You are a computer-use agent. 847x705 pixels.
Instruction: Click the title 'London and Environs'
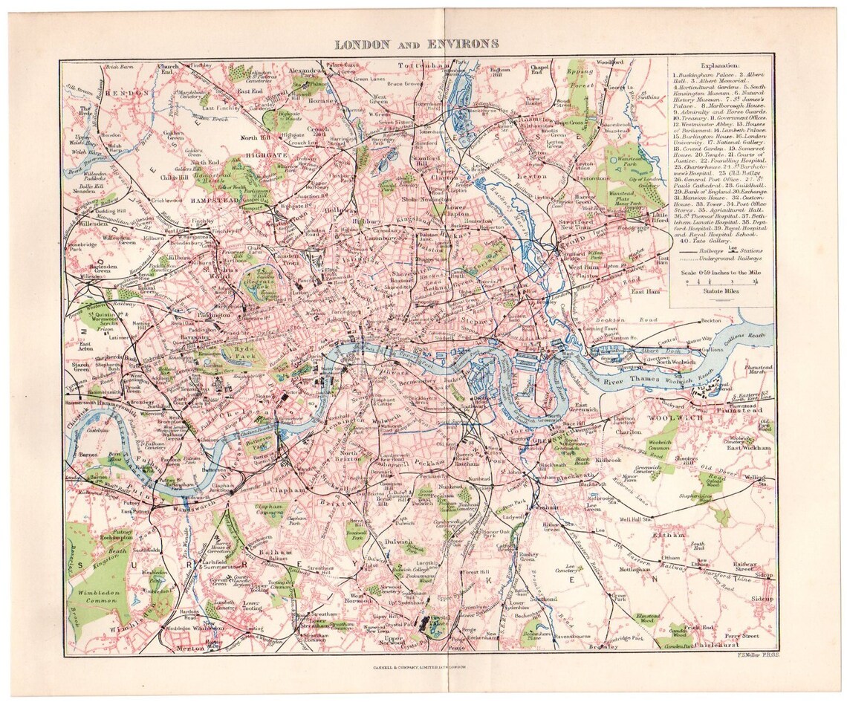tap(416, 44)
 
